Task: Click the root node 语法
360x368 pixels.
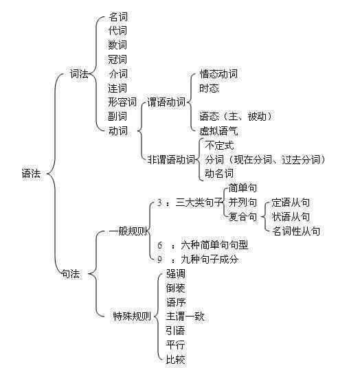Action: click(x=31, y=174)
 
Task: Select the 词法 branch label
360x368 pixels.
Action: click(x=80, y=74)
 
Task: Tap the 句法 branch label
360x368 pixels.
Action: click(x=71, y=274)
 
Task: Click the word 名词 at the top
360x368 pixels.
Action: click(x=118, y=17)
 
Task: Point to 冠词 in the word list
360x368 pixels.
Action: click(x=117, y=59)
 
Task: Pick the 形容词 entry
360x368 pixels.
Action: click(x=122, y=102)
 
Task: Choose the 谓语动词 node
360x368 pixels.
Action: click(x=166, y=102)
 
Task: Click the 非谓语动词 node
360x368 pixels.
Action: click(x=172, y=159)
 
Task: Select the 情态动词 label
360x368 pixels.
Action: click(x=218, y=74)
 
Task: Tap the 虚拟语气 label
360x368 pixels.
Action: click(x=218, y=130)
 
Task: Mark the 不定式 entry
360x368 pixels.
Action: click(x=219, y=146)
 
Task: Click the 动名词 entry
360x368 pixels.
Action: click(x=219, y=174)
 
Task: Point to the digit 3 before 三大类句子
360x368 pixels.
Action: click(x=159, y=203)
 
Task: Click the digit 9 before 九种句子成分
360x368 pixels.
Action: click(x=159, y=260)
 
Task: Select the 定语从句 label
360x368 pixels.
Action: click(x=291, y=203)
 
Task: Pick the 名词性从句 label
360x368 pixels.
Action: click(x=296, y=231)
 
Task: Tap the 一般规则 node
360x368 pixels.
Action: click(x=128, y=231)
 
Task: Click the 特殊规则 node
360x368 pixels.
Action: click(x=132, y=316)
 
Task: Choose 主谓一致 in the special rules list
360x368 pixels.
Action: click(x=185, y=316)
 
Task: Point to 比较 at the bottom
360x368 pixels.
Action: click(x=176, y=359)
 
